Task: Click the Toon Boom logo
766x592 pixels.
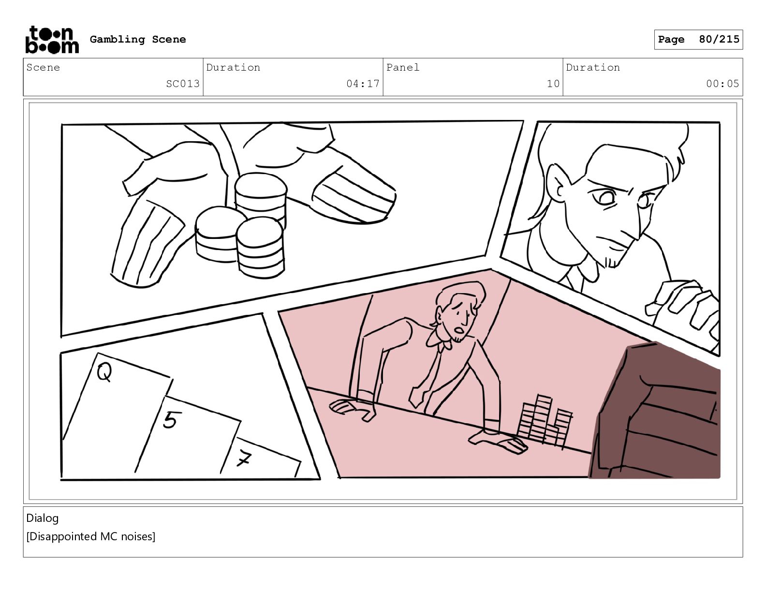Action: (52, 40)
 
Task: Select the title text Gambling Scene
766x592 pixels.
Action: (138, 39)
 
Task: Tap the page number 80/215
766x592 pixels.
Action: (719, 39)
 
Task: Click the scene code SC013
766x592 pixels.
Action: (183, 84)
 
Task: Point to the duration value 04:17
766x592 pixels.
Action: (363, 84)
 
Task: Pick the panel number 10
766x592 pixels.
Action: (553, 84)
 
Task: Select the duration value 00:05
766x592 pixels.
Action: (722, 84)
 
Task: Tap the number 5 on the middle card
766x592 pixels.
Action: (171, 420)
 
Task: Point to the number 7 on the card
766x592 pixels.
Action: (244, 459)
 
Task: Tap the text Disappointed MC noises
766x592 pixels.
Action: (91, 536)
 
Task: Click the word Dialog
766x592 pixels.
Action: (42, 518)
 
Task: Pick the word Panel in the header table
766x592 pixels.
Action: (403, 67)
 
